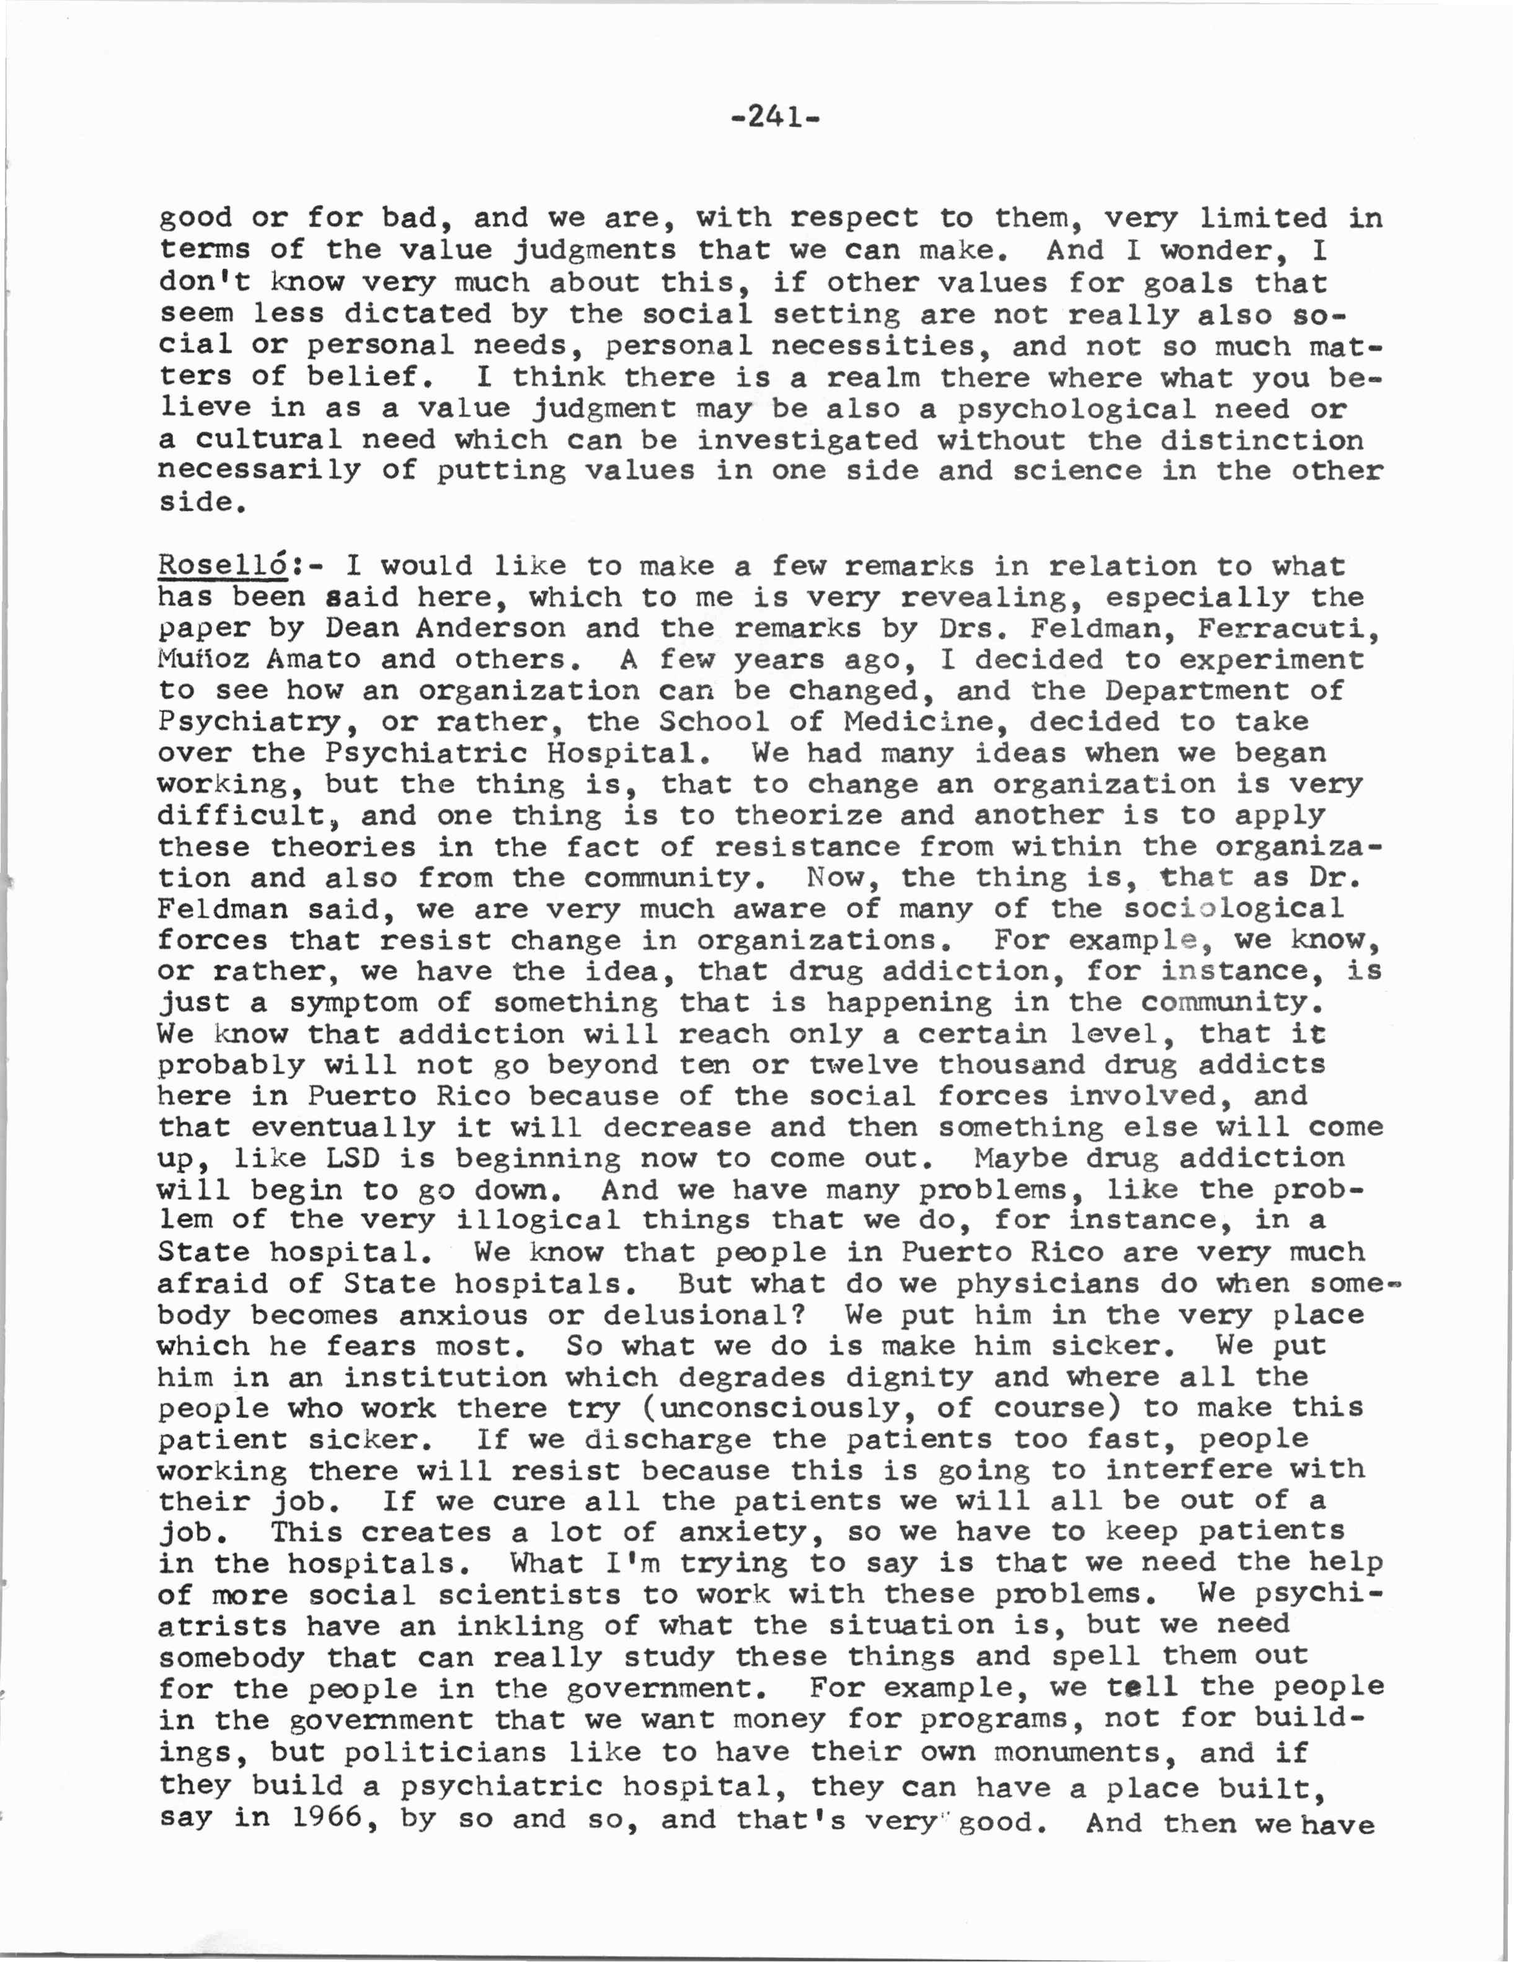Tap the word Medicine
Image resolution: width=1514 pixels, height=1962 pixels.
click(x=926, y=722)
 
